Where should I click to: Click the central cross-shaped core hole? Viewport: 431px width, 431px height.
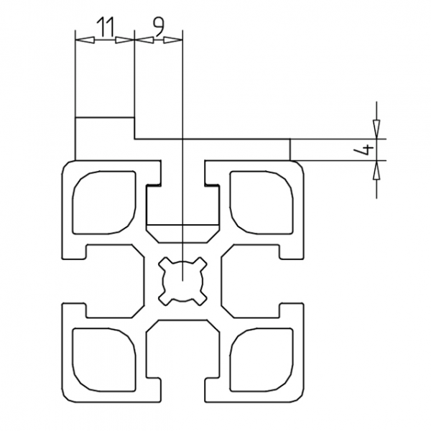(183, 280)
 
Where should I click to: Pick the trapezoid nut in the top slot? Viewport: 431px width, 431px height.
(183, 233)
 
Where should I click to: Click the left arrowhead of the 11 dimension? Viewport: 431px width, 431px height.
(80, 40)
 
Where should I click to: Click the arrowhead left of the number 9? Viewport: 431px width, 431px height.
(141, 40)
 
